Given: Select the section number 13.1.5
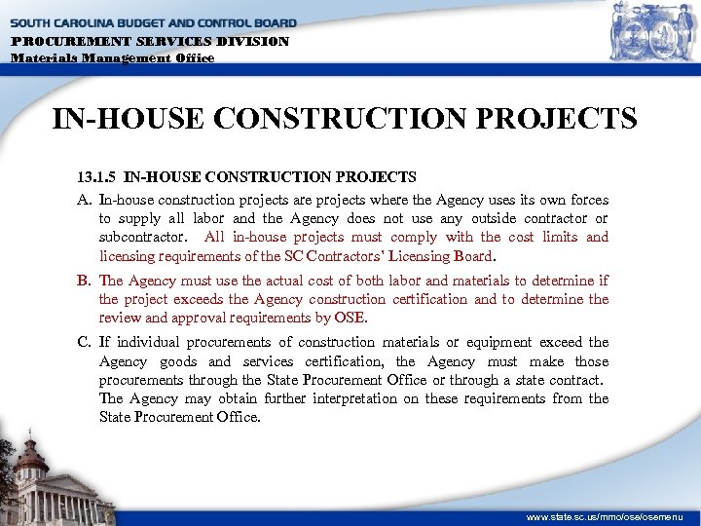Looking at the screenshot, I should tap(97, 177).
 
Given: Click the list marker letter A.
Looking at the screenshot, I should tap(84, 200).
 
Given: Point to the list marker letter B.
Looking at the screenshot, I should tap(84, 282).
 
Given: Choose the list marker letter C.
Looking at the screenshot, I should tap(84, 342).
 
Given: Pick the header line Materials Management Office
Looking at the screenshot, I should tap(112, 57).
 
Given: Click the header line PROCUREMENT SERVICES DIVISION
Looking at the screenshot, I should tap(151, 42).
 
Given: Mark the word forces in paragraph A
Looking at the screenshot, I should tap(586, 200).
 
